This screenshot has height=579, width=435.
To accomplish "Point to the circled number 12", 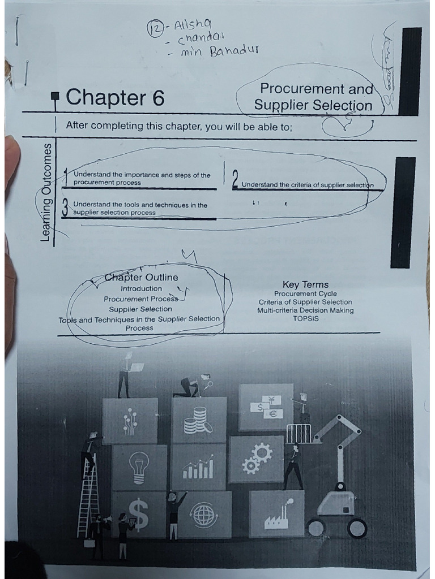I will (x=153, y=27).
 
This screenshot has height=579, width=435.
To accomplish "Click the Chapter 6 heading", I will (x=115, y=98).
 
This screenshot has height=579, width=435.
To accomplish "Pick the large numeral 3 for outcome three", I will (x=66, y=209).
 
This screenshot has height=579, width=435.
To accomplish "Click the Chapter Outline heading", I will (x=142, y=277).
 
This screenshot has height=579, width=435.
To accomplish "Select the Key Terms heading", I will (x=305, y=284).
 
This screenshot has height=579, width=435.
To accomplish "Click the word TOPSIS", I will (x=305, y=318).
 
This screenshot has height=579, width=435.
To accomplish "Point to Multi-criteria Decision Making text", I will (x=305, y=310).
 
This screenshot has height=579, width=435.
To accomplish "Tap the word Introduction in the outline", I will (x=141, y=288).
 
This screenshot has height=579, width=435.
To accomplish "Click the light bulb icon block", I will (x=139, y=467).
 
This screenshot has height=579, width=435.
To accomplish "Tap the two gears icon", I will (x=257, y=458).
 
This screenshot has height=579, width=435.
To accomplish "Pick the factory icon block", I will (x=277, y=513).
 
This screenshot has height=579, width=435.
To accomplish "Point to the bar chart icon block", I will (x=198, y=467).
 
